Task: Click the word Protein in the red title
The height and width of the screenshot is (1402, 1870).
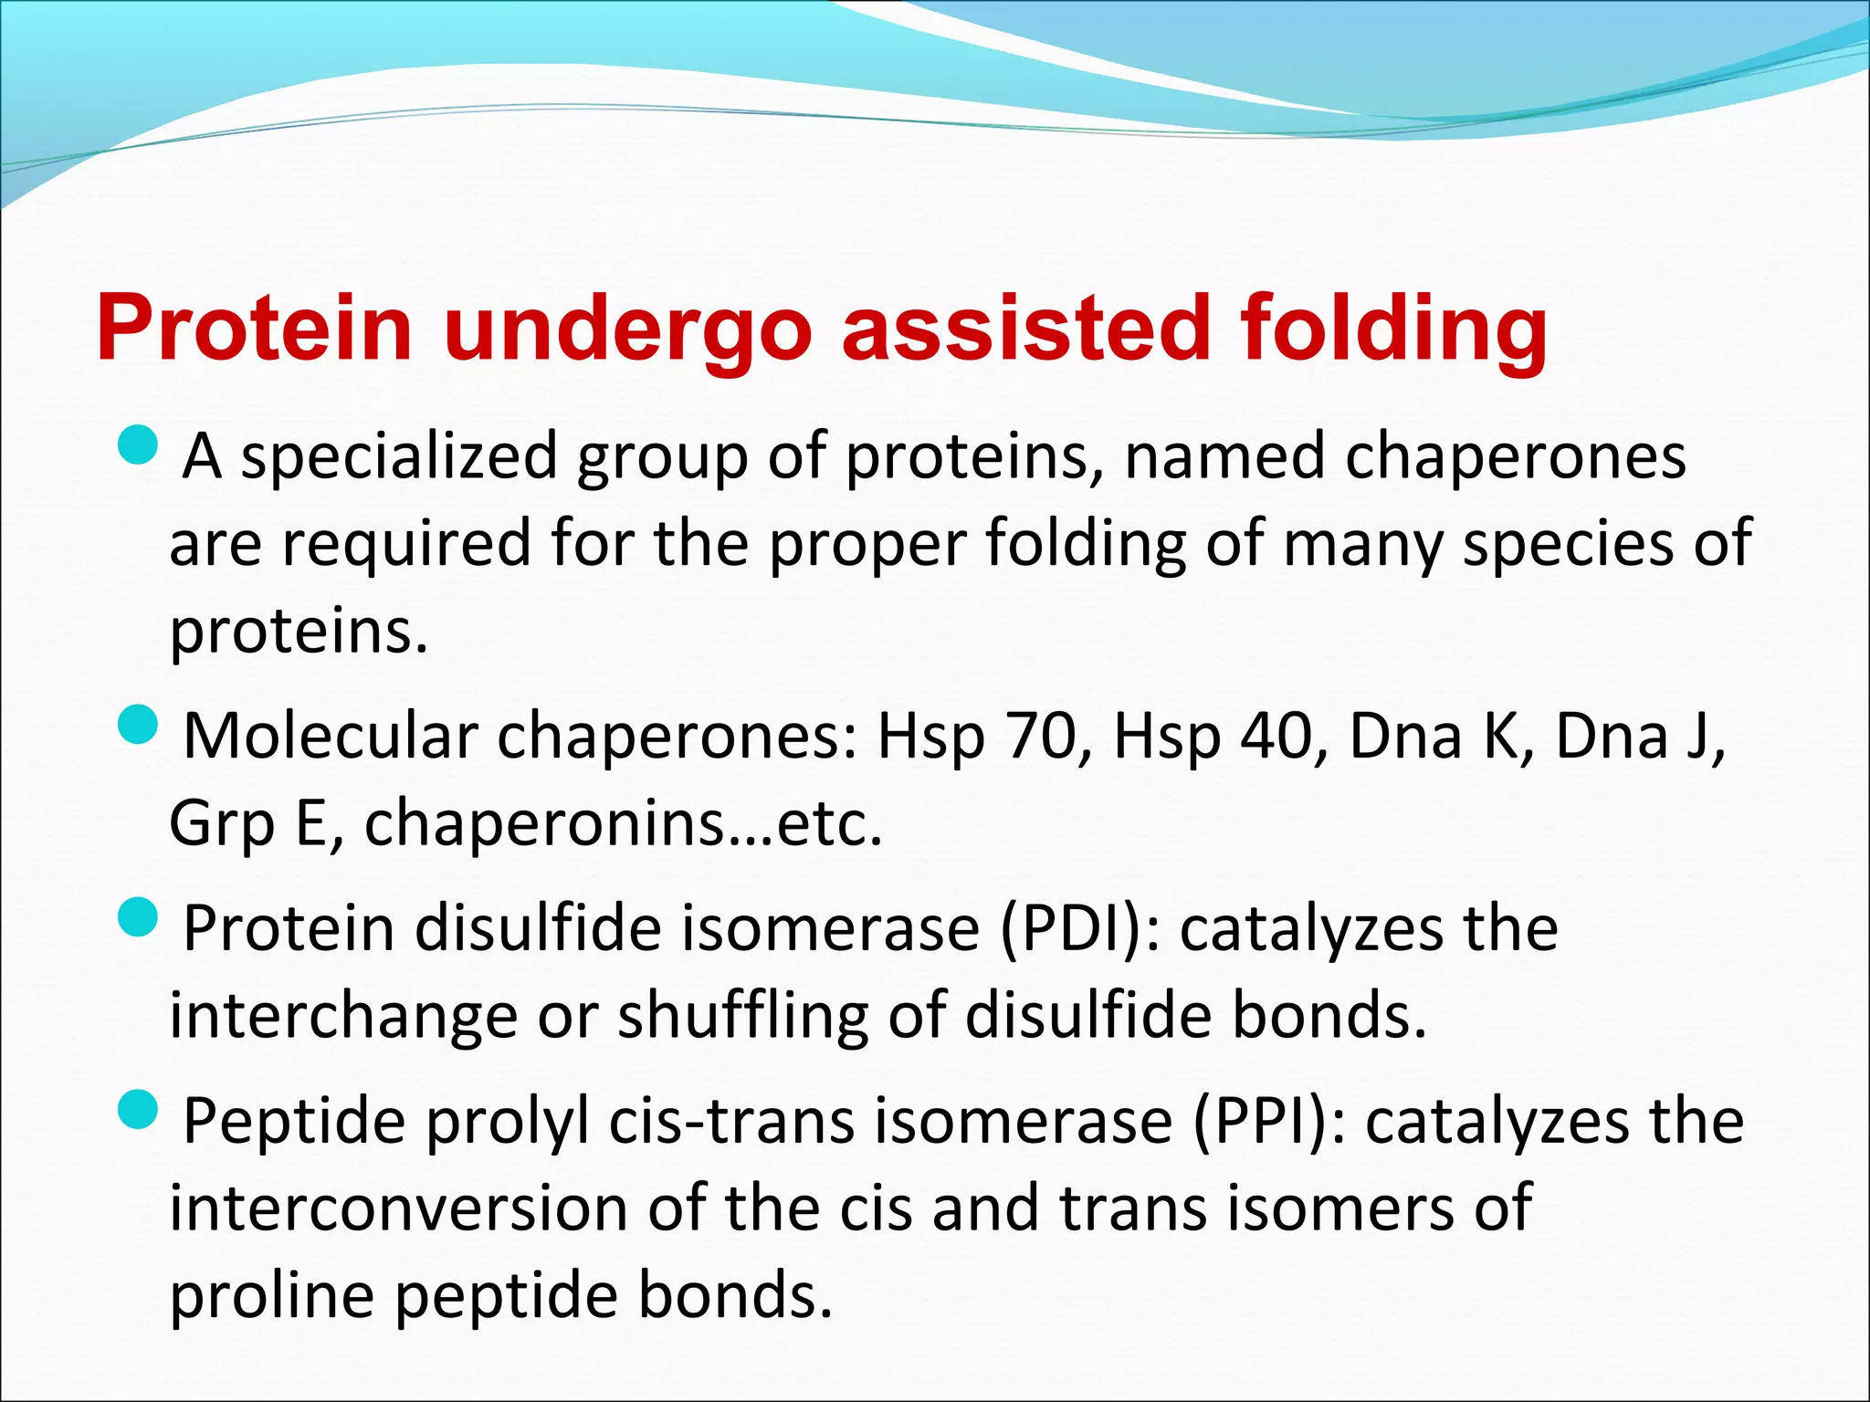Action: click(254, 329)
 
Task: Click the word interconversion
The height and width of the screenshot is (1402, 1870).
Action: click(399, 1208)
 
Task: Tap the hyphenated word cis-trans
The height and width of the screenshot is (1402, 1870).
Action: click(731, 1122)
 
